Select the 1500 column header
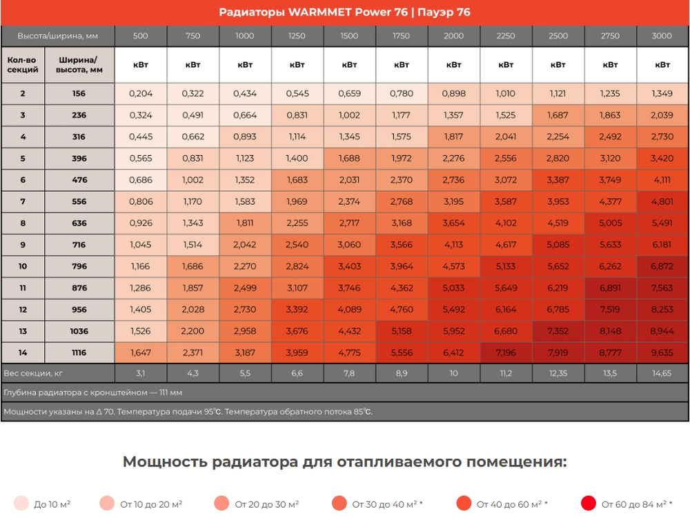349,36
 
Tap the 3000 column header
662,36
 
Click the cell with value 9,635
662,352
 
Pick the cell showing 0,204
141,93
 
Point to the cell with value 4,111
662,180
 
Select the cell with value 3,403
349,266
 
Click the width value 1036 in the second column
79,331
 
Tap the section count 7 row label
23,201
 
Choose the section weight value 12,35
558,373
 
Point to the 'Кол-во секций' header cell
23,65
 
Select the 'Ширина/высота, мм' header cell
79,65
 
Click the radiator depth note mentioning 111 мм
93,392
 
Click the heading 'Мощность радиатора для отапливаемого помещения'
344,461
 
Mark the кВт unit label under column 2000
453,65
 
